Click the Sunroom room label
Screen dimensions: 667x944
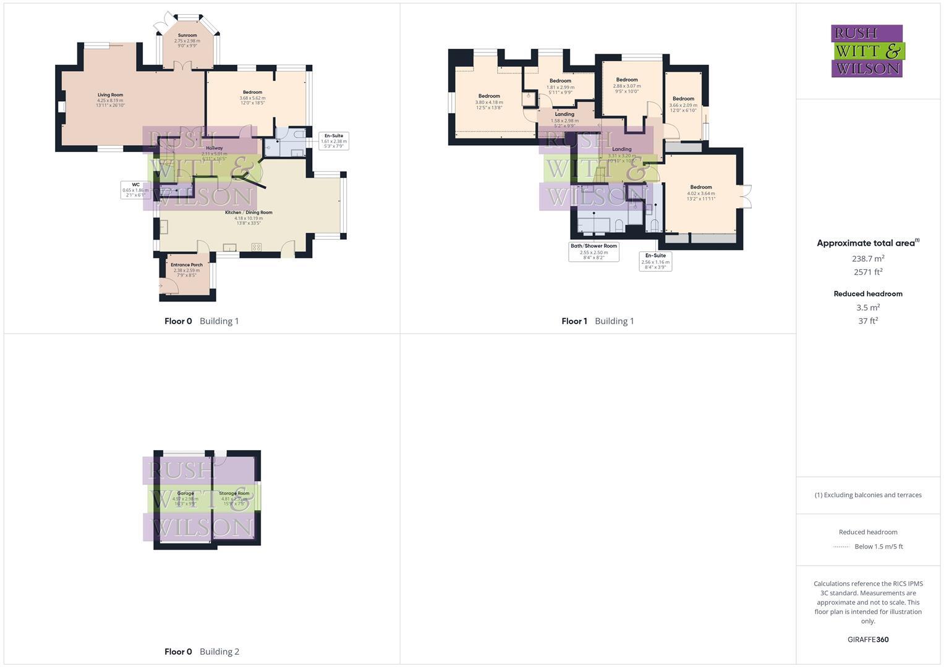click(187, 36)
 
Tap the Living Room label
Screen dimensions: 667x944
click(110, 95)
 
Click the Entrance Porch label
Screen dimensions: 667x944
click(187, 265)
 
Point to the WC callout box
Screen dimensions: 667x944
click(135, 190)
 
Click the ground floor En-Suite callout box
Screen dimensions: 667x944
click(334, 141)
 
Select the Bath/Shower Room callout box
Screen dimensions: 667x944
click(593, 251)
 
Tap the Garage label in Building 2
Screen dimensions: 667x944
click(185, 493)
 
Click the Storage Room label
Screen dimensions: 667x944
click(234, 493)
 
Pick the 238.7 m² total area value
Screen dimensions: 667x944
click(868, 259)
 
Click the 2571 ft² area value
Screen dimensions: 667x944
click(868, 272)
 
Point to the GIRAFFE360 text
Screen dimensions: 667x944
click(868, 640)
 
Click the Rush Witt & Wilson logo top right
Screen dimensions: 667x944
click(867, 51)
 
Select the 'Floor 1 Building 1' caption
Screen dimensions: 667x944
click(597, 321)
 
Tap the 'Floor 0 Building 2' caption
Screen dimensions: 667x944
click(202, 652)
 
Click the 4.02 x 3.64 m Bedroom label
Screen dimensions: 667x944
click(701, 187)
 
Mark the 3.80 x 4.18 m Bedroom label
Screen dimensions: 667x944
click(489, 96)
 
